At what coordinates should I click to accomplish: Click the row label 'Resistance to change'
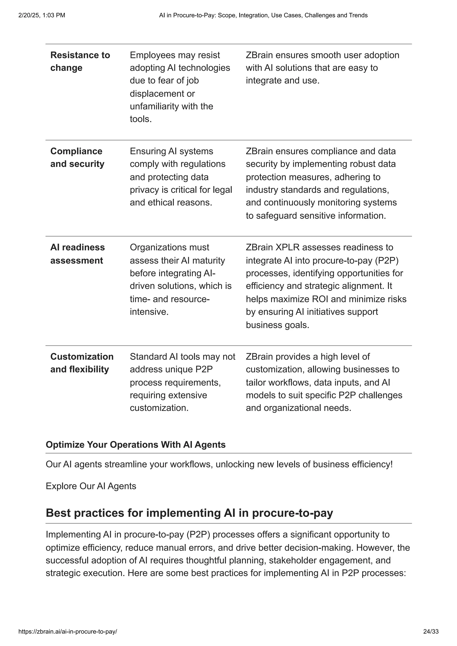pyautogui.click(x=80, y=61)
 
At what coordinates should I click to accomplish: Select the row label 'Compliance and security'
pyautogui.click(x=77, y=158)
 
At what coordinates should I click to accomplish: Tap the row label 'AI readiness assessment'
pyautogui.click(x=77, y=254)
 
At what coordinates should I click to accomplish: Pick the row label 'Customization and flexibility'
pyautogui.click(x=82, y=363)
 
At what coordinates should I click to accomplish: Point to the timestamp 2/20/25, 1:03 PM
pyautogui.click(x=42, y=15)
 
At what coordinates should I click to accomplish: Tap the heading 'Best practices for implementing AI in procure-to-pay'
pyautogui.click(x=189, y=513)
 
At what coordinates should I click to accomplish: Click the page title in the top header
pyautogui.click(x=263, y=15)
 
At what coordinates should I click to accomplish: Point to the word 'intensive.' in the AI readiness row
pyautogui.click(x=149, y=312)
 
